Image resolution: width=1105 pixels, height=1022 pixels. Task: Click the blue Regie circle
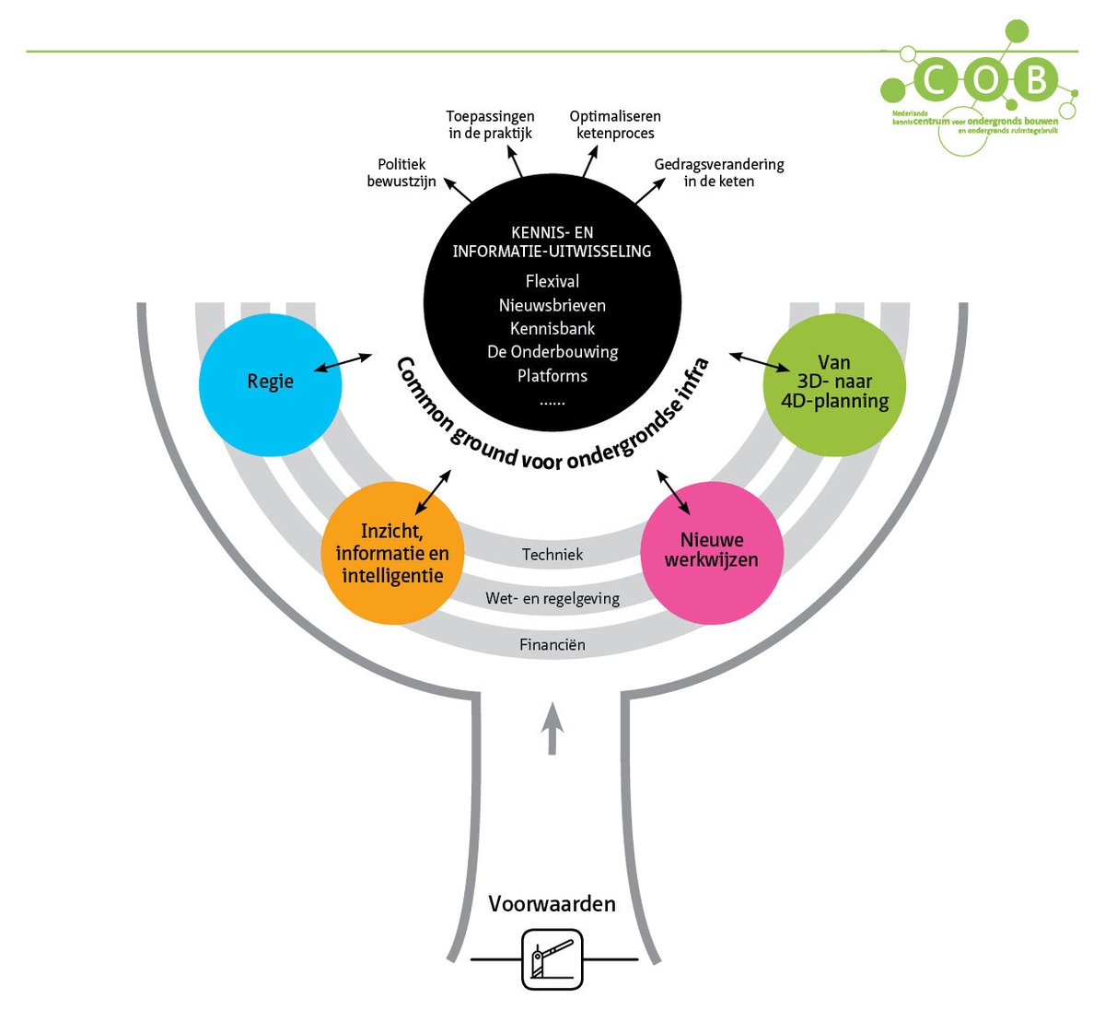coord(270,385)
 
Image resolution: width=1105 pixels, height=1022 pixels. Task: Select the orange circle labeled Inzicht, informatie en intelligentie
coord(392,553)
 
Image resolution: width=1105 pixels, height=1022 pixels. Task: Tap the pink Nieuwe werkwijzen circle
coord(712,551)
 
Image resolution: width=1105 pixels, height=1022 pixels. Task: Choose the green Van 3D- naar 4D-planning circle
coord(834,383)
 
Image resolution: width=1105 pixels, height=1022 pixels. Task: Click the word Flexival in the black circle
coord(552,281)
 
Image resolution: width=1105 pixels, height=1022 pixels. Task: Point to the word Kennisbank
coord(552,328)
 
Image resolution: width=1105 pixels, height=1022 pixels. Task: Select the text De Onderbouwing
coord(552,352)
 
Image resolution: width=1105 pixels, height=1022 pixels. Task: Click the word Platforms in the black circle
coord(552,376)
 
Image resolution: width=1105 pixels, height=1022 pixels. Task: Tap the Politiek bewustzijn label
coord(401,173)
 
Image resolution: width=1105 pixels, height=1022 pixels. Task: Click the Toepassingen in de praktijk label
coord(490,124)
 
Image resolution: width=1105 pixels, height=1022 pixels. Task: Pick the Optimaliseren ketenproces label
coord(615,124)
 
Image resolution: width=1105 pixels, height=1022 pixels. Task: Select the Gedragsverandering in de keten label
coord(719,173)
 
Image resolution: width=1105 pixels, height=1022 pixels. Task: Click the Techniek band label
coord(552,554)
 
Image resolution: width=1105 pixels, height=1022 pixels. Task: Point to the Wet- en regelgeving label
coord(552,599)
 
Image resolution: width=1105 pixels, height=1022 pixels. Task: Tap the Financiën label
coord(552,645)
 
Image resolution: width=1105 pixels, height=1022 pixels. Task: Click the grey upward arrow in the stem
coord(552,728)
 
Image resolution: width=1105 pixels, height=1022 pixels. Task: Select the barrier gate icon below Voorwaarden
coord(552,959)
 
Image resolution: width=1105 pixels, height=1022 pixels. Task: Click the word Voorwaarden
coord(552,904)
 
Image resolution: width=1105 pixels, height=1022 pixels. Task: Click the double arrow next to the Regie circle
coord(342,363)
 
